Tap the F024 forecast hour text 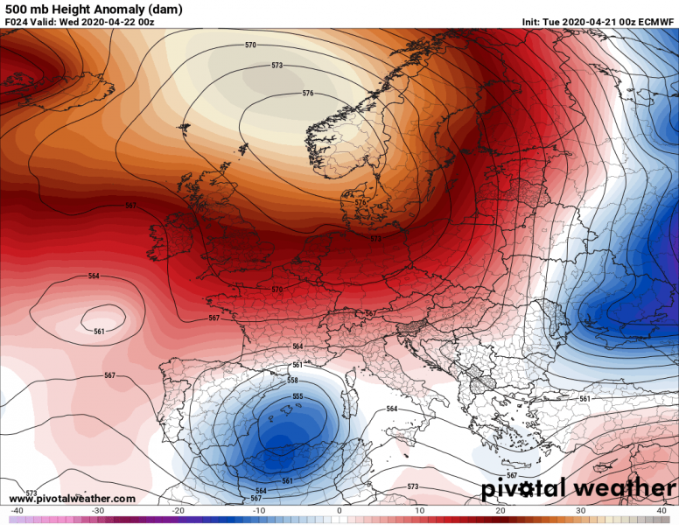[16, 22]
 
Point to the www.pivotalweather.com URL [72, 499]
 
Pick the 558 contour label [293, 381]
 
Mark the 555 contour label [297, 396]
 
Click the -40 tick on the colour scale [17, 511]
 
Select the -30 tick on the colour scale [97, 511]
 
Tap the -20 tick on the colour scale [178, 511]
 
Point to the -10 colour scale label [259, 511]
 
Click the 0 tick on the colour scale [339, 511]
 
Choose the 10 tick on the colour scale [420, 511]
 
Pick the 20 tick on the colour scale [500, 511]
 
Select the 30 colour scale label [581, 511]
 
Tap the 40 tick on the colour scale [661, 511]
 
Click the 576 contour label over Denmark [360, 202]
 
